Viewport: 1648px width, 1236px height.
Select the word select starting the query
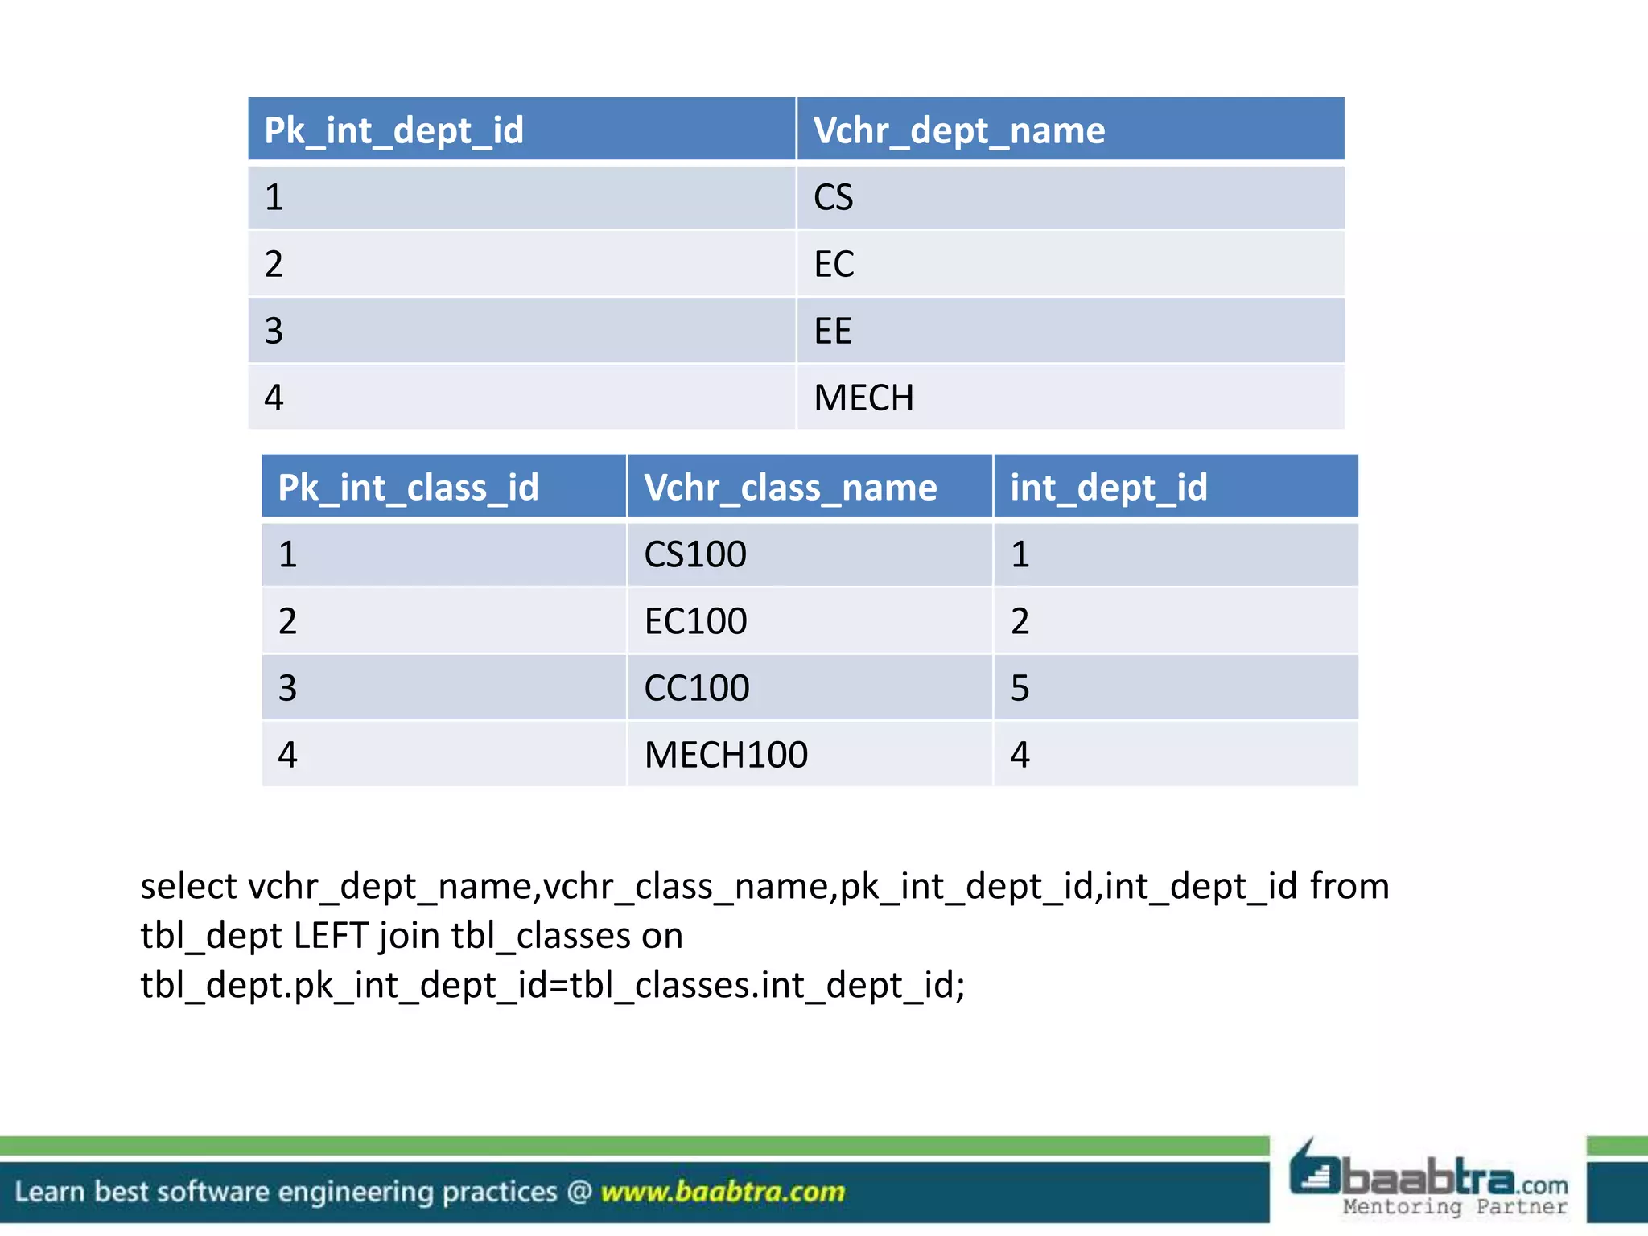coord(188,886)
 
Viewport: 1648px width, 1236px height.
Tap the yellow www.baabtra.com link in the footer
coord(723,1192)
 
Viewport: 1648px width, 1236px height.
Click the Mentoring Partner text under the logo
coord(1455,1207)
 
